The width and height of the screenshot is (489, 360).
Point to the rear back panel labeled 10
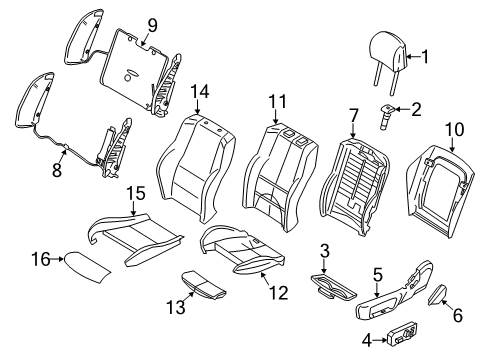click(440, 180)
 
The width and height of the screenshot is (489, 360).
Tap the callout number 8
click(57, 171)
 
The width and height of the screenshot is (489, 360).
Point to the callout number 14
click(199, 93)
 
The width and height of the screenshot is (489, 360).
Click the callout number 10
click(456, 128)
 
